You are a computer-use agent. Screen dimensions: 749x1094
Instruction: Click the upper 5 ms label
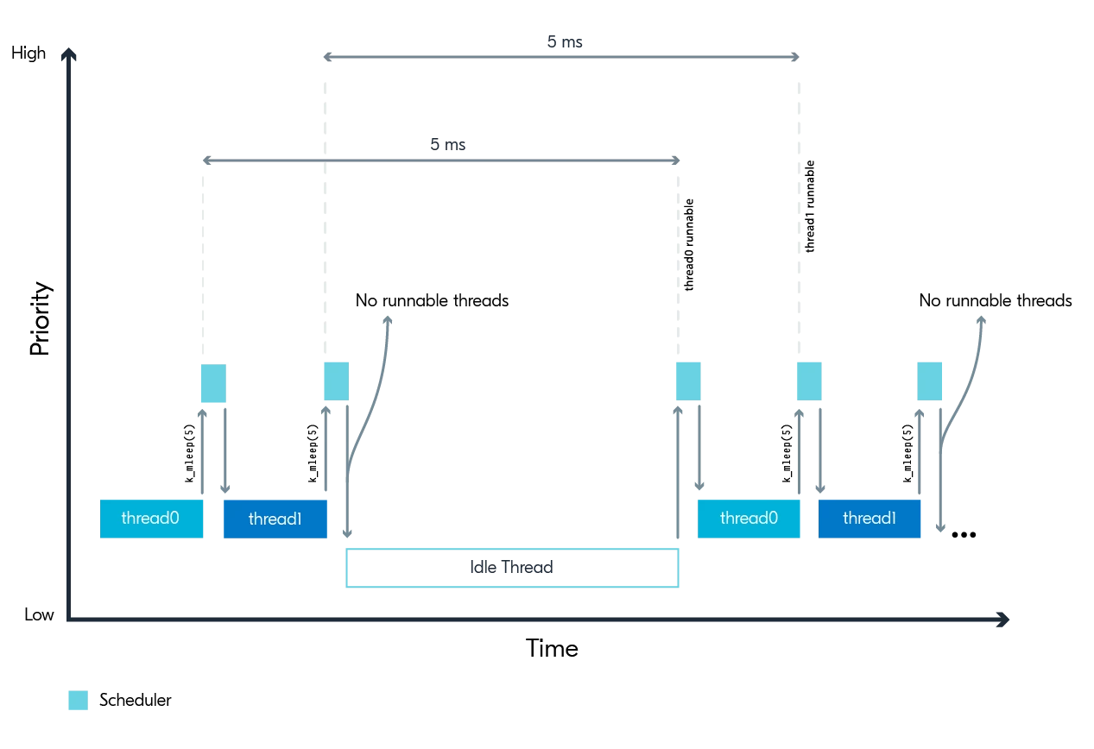[565, 41]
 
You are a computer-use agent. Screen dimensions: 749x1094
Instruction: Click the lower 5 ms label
[447, 145]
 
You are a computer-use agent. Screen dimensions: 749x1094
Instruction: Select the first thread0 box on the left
[151, 519]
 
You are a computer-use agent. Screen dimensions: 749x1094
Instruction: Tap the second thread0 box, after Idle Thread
[749, 519]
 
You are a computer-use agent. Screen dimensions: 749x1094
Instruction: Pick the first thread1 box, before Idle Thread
[275, 519]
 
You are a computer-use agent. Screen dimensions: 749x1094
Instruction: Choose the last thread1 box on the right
[870, 519]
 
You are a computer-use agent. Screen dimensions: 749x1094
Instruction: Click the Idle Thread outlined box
[512, 568]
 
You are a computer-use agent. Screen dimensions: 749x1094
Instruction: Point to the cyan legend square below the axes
[78, 700]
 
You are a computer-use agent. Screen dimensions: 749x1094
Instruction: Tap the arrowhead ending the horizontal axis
[1004, 619]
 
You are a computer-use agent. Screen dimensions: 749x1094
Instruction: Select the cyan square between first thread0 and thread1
[213, 383]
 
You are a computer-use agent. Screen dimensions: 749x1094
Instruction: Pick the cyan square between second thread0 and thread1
[809, 381]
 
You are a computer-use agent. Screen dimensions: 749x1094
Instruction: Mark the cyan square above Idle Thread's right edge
[688, 381]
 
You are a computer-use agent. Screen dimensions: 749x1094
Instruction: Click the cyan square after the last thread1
[929, 381]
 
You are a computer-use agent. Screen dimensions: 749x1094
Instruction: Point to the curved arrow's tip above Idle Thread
[388, 320]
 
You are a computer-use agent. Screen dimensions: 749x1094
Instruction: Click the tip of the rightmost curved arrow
[981, 320]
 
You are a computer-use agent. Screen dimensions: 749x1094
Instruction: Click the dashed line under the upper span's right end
[799, 216]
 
